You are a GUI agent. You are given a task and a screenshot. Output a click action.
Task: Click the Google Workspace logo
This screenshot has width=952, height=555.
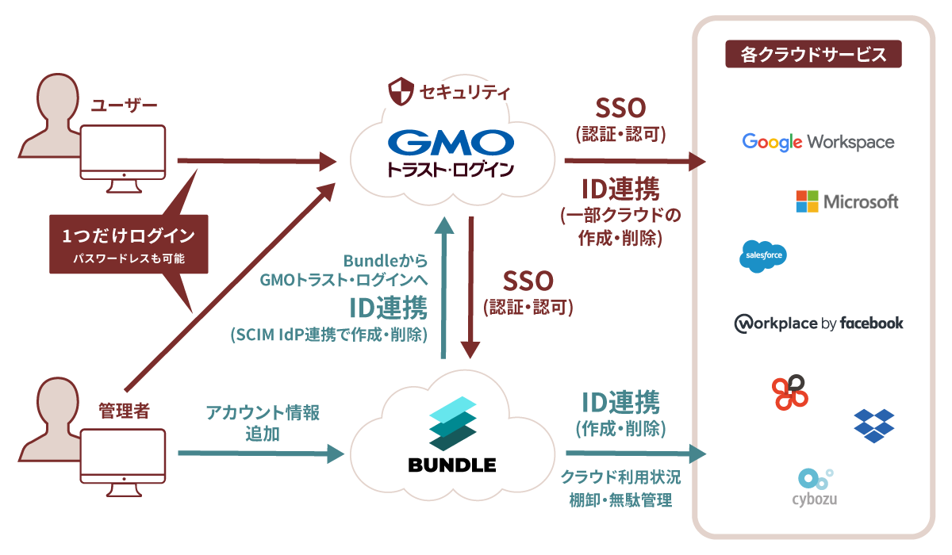pyautogui.click(x=818, y=142)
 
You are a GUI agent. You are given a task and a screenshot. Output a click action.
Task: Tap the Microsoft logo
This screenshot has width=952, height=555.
pyautogui.click(x=847, y=201)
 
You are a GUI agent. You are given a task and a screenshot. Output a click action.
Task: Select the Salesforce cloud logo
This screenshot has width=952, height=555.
pyautogui.click(x=762, y=256)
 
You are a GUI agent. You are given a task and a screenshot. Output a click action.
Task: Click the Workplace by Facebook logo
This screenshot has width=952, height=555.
pyautogui.click(x=819, y=323)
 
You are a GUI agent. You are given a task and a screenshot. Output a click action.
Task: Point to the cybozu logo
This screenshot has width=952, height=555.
pyautogui.click(x=815, y=487)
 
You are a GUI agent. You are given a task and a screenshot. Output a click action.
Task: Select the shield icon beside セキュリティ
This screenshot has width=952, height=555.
pyautogui.click(x=399, y=92)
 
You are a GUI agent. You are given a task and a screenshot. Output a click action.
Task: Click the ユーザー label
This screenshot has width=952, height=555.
pyautogui.click(x=125, y=105)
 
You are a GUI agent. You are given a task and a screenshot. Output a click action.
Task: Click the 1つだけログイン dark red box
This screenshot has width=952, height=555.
pyautogui.click(x=129, y=243)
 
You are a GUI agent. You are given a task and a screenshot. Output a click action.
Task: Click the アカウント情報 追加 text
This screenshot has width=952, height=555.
pyautogui.click(x=262, y=423)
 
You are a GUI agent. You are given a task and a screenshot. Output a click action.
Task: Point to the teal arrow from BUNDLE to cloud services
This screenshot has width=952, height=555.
pyautogui.click(x=635, y=454)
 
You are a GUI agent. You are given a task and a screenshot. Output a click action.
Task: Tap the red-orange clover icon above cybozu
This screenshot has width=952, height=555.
pyautogui.click(x=789, y=392)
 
